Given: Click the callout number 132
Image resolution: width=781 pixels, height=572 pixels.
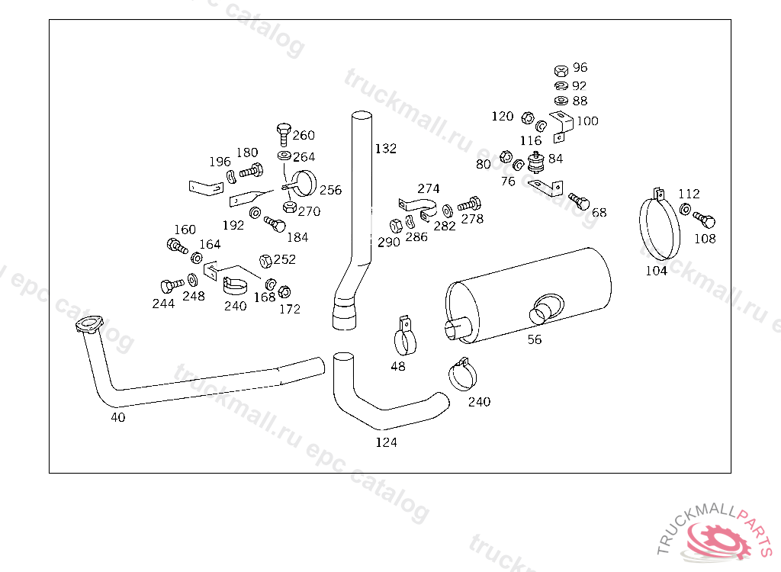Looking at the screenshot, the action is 385,149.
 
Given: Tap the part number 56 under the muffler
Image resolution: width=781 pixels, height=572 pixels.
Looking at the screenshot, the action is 535,340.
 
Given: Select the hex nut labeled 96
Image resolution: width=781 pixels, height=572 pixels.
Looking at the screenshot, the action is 561,70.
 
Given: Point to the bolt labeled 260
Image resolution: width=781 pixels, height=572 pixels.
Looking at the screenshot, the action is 284,133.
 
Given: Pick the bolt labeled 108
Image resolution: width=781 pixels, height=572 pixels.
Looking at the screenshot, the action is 704,219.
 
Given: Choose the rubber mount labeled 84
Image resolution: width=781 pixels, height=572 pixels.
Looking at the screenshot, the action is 535,162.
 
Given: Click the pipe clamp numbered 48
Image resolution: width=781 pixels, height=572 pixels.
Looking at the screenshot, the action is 406,336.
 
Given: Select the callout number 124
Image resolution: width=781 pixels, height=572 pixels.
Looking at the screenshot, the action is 386,442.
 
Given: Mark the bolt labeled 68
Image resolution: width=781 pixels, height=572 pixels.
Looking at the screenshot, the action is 580,201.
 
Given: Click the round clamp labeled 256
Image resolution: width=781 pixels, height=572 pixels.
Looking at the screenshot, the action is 303,183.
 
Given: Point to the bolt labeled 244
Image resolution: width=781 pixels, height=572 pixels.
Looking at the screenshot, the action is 172,285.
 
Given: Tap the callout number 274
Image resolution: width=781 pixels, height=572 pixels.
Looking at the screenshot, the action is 429,189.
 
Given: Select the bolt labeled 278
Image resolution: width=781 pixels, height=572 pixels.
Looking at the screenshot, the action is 469,204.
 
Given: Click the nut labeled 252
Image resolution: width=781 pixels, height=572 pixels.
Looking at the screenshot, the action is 265,261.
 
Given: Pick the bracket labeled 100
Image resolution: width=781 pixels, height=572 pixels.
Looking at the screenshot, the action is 561,127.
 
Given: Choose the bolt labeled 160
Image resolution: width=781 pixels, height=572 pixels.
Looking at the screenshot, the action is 177,246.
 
